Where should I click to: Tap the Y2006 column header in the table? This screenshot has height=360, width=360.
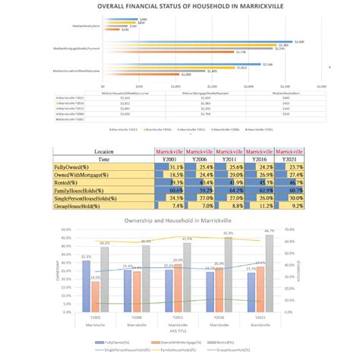[x=197, y=158]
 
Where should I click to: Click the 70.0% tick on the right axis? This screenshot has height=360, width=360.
[x=289, y=229]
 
